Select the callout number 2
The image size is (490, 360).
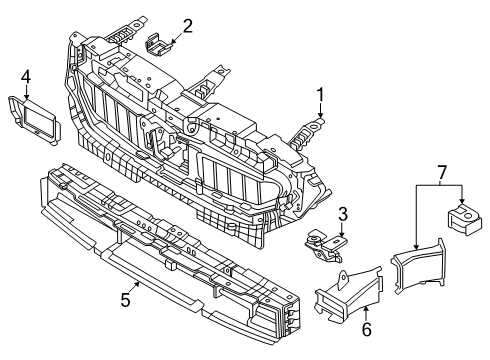click(x=187, y=26)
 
